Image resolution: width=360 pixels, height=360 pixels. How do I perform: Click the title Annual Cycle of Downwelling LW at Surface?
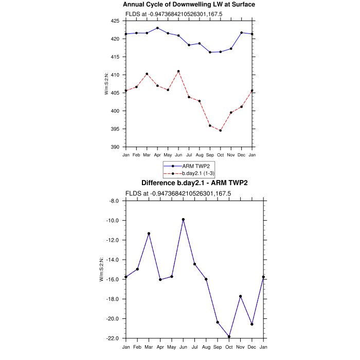189,5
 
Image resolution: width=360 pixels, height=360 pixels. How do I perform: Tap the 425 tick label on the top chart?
115,21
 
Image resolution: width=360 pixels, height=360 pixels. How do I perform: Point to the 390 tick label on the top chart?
115,147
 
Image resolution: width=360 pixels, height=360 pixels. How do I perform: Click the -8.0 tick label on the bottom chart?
113,201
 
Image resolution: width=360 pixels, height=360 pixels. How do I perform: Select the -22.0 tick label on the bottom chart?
113,338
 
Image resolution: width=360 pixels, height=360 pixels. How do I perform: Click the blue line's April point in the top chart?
157,28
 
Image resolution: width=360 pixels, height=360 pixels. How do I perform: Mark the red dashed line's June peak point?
178,71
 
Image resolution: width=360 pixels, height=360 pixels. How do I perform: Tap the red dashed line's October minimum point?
221,131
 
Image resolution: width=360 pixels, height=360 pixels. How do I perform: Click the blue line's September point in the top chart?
210,52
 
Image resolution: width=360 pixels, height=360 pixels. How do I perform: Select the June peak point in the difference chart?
183,220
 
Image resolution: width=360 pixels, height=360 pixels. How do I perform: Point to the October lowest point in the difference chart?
229,336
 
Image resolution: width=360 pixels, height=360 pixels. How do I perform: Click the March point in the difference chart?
149,233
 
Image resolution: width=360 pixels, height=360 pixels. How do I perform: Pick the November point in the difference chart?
241,296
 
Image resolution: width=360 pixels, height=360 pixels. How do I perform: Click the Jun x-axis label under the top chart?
178,154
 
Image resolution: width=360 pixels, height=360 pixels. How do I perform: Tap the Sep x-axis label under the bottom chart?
218,346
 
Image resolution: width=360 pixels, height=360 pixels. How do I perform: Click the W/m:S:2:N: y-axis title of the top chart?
106,84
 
